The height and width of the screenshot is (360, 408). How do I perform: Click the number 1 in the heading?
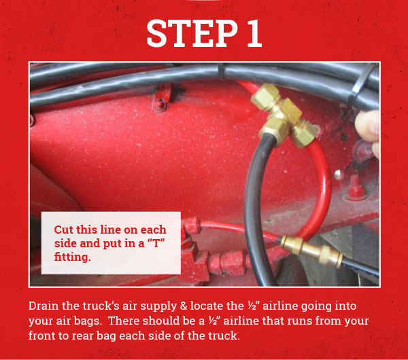(252, 33)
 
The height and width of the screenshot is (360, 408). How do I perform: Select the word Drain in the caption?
(44, 307)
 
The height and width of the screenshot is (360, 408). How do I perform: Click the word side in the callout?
(67, 244)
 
